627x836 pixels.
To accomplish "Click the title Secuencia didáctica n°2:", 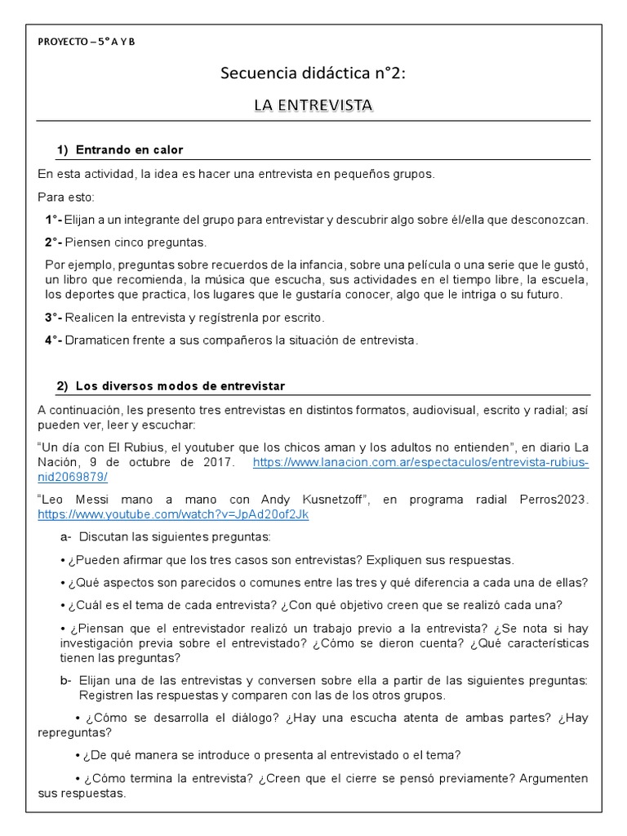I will pyautogui.click(x=313, y=74).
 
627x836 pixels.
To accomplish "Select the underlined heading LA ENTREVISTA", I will pyautogui.click(x=313, y=105).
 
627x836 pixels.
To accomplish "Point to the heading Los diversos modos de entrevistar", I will pyautogui.click(x=180, y=385).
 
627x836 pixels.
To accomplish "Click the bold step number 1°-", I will pyautogui.click(x=54, y=220).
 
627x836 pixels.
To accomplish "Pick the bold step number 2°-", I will pyautogui.click(x=54, y=242).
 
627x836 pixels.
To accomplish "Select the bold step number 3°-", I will pyautogui.click(x=54, y=317).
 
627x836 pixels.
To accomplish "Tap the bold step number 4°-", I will pyautogui.click(x=54, y=340).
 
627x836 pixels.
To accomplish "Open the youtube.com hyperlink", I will pyautogui.click(x=173, y=515).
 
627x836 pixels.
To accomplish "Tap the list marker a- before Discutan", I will pyautogui.click(x=66, y=537).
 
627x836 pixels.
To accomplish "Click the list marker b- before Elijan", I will pyautogui.click(x=66, y=680).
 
